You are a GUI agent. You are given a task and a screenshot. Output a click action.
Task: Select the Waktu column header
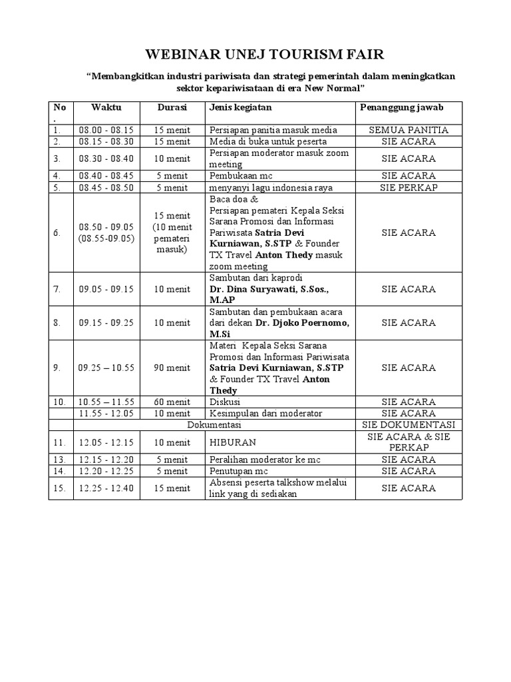pyautogui.click(x=106, y=107)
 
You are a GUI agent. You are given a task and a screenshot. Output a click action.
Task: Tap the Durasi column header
pyautogui.click(x=172, y=107)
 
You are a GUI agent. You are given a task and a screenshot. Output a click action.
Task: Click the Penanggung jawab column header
pyautogui.click(x=402, y=107)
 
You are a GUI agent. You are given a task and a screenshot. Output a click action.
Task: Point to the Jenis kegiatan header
pyautogui.click(x=240, y=107)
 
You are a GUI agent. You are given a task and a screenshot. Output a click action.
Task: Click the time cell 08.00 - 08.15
pyautogui.click(x=106, y=130)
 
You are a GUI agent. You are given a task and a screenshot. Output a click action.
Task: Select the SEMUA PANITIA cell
pyautogui.click(x=409, y=130)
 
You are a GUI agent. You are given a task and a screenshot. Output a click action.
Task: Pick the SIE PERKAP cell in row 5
pyautogui.click(x=409, y=188)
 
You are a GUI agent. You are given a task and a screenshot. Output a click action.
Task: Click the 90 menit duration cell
pyautogui.click(x=172, y=367)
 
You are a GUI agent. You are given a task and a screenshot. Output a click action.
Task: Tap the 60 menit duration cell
pyautogui.click(x=172, y=402)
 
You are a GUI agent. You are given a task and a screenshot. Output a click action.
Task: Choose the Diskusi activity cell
pyautogui.click(x=225, y=402)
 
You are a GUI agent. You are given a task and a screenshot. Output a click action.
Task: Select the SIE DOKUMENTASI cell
pyautogui.click(x=409, y=424)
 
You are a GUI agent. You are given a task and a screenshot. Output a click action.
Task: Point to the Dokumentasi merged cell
pyautogui.click(x=214, y=424)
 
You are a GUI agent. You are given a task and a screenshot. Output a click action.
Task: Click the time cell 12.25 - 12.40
pyautogui.click(x=106, y=488)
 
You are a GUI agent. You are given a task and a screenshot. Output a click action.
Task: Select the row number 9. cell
pyautogui.click(x=58, y=367)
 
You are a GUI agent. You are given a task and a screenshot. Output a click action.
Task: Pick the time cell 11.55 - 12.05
pyautogui.click(x=106, y=414)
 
